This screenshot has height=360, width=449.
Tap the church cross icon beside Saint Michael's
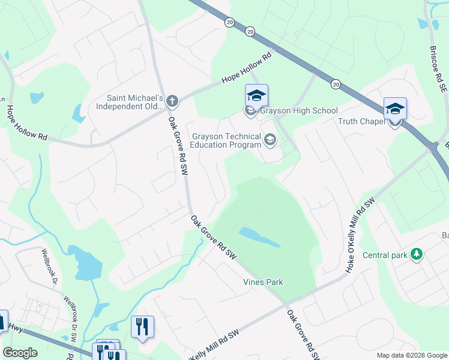172,101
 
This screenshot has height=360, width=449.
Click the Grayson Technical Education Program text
227,140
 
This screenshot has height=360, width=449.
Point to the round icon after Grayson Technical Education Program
270,140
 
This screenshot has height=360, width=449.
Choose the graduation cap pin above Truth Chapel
395,109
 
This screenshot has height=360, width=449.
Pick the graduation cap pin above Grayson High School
256,96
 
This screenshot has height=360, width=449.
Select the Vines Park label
262,282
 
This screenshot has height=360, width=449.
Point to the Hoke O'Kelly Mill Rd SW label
359,235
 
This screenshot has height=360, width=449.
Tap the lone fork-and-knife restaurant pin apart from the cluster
142,327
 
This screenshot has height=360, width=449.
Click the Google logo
20,353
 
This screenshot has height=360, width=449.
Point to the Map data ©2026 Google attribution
412,355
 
